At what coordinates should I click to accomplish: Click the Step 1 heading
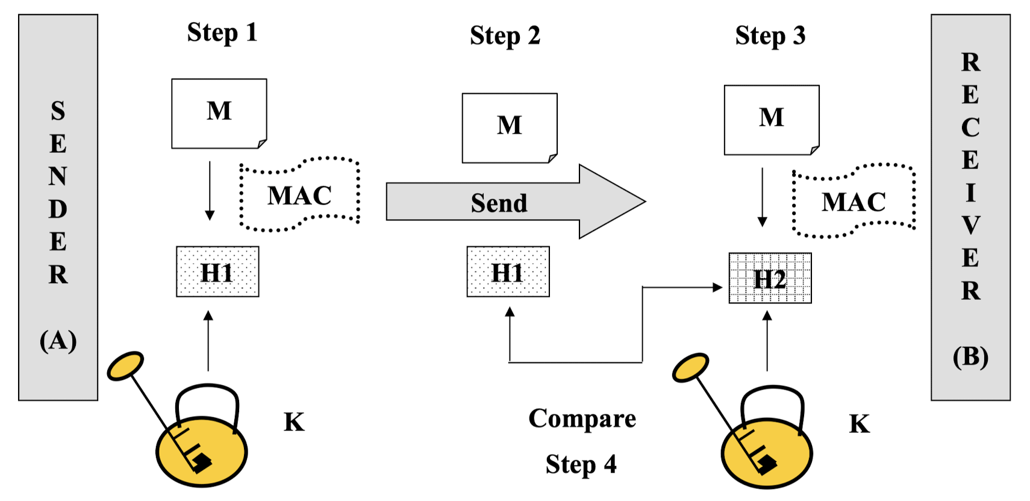click(222, 33)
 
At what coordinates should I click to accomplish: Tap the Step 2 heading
click(505, 36)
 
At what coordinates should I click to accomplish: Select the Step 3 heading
click(770, 36)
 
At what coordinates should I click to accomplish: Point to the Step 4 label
click(581, 464)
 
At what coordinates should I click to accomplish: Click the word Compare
click(582, 419)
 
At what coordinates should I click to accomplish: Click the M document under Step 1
click(219, 113)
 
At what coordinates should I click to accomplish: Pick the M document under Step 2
click(509, 127)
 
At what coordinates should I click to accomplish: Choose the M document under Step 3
click(771, 119)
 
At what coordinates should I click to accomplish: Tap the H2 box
click(770, 278)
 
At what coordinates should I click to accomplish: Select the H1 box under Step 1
click(217, 272)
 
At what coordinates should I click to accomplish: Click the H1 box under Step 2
click(508, 272)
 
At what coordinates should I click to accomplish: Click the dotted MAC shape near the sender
click(299, 195)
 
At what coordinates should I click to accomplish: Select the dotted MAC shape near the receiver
click(854, 201)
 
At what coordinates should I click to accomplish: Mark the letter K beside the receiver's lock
click(859, 424)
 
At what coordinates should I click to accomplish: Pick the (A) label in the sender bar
click(58, 341)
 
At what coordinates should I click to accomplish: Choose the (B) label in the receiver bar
click(970, 356)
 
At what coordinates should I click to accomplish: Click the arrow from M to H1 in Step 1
click(210, 190)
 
